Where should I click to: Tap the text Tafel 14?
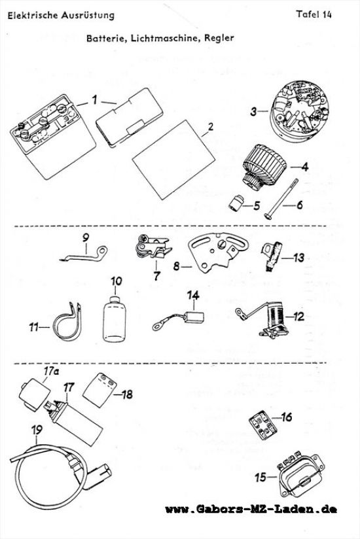pyautogui.click(x=314, y=14)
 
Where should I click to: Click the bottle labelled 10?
pyautogui.click(x=115, y=319)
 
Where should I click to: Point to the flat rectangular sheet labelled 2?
pyautogui.click(x=173, y=160)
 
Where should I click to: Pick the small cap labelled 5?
pyautogui.click(x=236, y=203)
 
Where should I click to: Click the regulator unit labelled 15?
pyautogui.click(x=302, y=476)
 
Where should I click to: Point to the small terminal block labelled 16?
pyautogui.click(x=263, y=426)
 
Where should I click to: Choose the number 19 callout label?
pyautogui.click(x=37, y=430)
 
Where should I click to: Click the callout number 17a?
pyautogui.click(x=50, y=372)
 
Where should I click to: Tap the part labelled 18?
pyautogui.click(x=99, y=387)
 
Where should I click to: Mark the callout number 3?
pyautogui.click(x=253, y=111)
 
